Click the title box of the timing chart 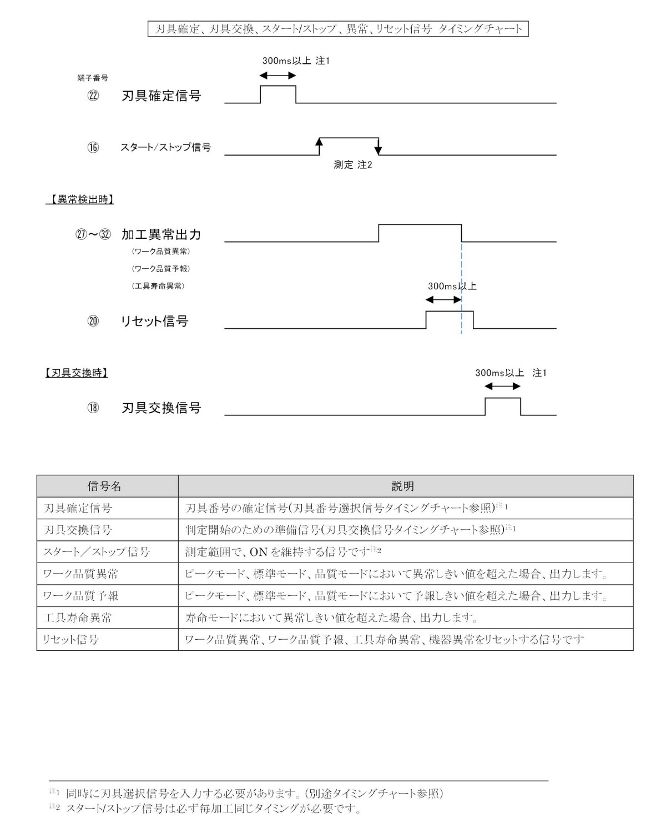337,29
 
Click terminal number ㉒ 93,96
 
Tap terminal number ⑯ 93,148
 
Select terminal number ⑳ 93,321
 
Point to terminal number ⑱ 93,408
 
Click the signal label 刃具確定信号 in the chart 161,96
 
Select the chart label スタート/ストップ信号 165,148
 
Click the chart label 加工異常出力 161,234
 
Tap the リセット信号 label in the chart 154,321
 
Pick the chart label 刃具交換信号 161,408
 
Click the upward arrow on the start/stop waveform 319,145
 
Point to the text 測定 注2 352,165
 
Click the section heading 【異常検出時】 79,199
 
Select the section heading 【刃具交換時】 76,373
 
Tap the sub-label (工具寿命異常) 158,286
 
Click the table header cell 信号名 104,486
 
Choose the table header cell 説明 403,486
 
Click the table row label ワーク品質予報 80,596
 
